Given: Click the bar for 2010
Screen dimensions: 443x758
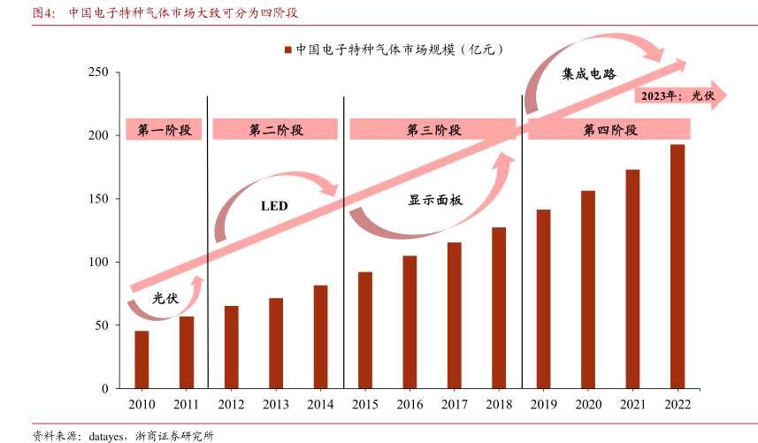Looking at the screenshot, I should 142,360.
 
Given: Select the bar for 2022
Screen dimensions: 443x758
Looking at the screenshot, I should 678,266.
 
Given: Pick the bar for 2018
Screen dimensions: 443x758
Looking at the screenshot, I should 499,308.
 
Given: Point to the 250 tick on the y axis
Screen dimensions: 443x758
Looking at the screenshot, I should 98,73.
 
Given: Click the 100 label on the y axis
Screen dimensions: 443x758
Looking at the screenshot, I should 98,263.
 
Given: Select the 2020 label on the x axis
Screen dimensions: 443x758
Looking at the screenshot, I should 588,404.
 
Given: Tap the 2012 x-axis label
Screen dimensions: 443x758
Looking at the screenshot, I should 231,404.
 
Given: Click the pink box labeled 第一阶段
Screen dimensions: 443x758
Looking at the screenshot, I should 164,130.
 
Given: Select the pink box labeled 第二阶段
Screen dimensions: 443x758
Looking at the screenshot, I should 276,130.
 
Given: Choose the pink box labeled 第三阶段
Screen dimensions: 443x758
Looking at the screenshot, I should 433,130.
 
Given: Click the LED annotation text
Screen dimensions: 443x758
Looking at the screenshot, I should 274,206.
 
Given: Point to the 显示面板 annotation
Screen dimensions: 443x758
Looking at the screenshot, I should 435,201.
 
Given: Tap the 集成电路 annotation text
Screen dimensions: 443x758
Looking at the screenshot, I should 589,74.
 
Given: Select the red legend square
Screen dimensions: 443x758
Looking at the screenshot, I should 287,50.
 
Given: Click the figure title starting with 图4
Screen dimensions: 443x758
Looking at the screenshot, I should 164,13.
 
